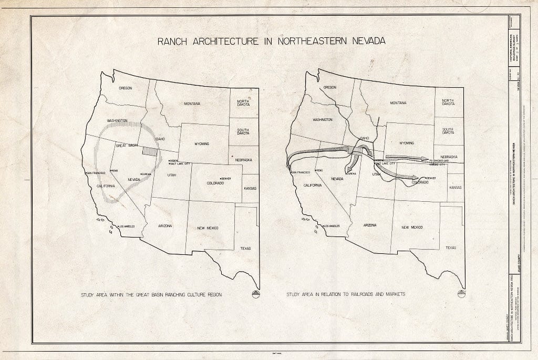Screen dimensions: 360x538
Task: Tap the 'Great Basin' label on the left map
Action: (x=126, y=145)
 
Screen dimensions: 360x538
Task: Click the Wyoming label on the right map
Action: (x=407, y=143)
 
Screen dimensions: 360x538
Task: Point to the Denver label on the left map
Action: (x=227, y=179)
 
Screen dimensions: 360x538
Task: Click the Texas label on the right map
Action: (x=451, y=248)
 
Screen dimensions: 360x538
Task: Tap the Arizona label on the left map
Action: (x=164, y=225)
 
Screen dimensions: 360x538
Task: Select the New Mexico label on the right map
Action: (x=412, y=227)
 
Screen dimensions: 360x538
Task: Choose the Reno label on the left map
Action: (x=115, y=171)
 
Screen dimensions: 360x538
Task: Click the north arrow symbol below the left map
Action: (x=256, y=294)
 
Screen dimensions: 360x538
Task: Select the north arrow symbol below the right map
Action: (x=461, y=293)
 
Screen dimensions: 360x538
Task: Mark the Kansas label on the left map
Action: (x=250, y=188)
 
